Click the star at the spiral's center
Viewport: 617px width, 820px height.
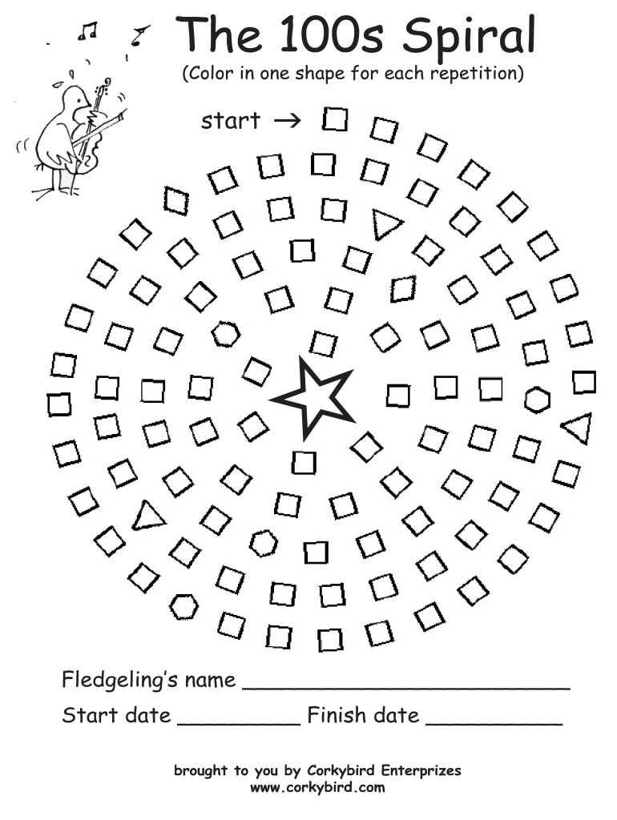coord(312,397)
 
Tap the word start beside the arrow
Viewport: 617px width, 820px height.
coord(231,121)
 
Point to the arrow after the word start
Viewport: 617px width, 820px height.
coord(286,121)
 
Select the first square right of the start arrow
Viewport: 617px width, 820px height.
coord(336,120)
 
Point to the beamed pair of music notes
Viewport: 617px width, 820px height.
coord(87,32)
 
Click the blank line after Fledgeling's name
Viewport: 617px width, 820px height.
coord(405,686)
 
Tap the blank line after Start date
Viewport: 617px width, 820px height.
coord(238,722)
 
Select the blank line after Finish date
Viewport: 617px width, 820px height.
coord(494,722)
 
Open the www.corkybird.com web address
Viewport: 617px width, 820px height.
coord(317,787)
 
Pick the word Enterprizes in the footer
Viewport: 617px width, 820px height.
coord(421,771)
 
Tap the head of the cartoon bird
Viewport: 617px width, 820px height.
coord(76,101)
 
